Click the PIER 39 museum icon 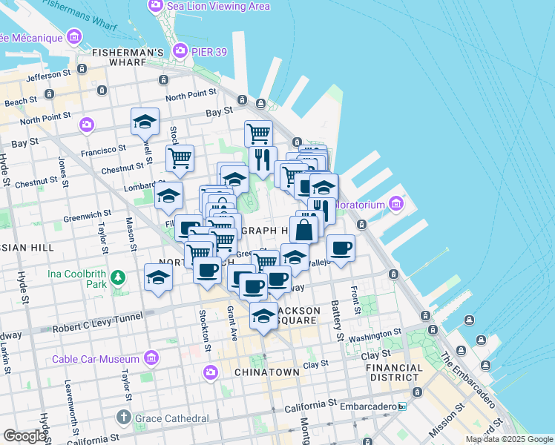[179, 50]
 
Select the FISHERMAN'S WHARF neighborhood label [128, 53]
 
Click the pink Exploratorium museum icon [396, 202]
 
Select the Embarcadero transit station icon [402, 406]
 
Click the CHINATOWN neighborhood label [266, 372]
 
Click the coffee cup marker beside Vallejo [341, 247]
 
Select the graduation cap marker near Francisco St [145, 121]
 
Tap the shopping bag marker [303, 228]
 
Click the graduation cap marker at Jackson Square [263, 315]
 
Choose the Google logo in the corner [24, 435]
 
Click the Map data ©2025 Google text [509, 440]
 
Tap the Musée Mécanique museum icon [73, 36]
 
